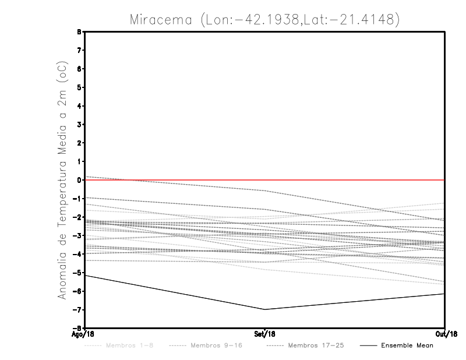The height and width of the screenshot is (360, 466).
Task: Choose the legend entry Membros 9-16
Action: (216, 346)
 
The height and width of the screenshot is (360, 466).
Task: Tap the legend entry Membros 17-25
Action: (316, 346)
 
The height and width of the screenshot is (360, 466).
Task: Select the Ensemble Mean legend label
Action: (407, 346)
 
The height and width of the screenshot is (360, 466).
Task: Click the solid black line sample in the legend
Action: (368, 346)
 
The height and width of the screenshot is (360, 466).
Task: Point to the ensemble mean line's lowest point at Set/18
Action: (265, 309)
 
